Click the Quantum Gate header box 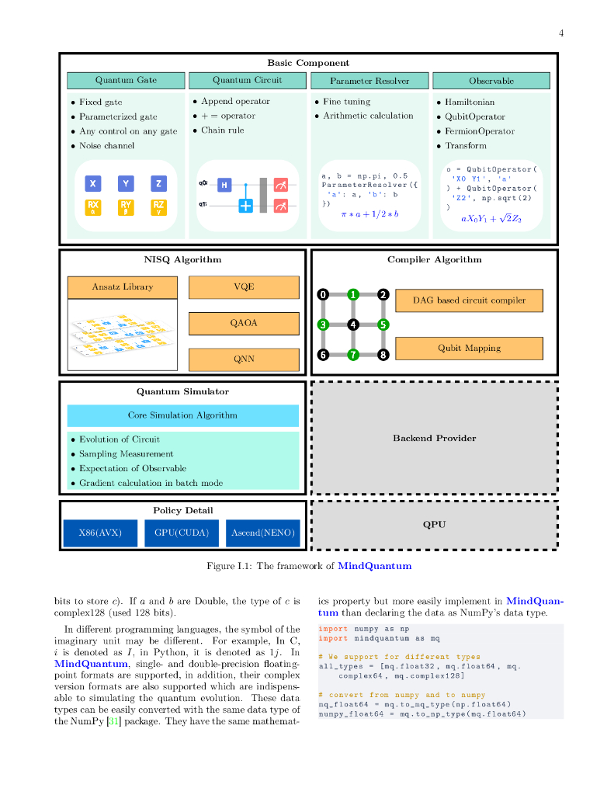pos(126,81)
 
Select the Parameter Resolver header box pos(369,81)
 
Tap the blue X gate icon pos(93,183)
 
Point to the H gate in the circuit pos(224,185)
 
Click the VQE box pos(244,287)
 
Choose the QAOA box pos(244,323)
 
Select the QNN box pos(244,359)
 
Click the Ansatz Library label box pos(123,287)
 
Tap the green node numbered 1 pos(353,294)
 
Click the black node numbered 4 pos(353,325)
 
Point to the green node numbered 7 pos(353,355)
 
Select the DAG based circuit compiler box pos(469,300)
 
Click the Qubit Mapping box pos(469,349)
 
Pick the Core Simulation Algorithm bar pos(182,415)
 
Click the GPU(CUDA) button pos(182,533)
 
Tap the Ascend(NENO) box pos(262,533)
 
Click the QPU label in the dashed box pos(434,525)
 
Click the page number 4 pos(560,33)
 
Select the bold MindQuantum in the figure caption pos(374,566)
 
